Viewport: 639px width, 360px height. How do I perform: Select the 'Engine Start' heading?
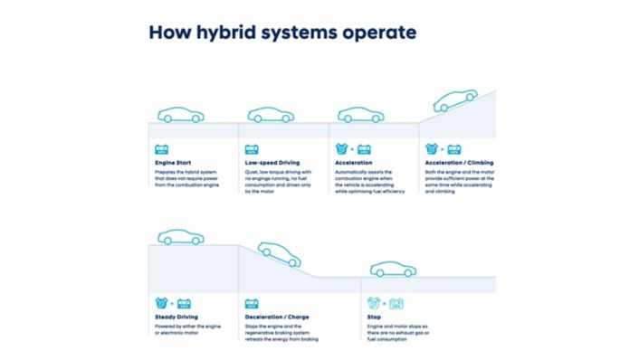(x=170, y=163)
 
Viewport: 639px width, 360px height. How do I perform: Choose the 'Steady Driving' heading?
(x=176, y=317)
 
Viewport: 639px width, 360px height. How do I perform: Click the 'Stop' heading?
(x=375, y=317)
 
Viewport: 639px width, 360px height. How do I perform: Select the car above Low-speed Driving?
(x=271, y=115)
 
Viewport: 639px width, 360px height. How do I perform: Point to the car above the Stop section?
(x=393, y=269)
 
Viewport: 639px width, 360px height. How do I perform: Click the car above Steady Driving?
(x=180, y=237)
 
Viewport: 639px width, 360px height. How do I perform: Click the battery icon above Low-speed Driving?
(x=253, y=147)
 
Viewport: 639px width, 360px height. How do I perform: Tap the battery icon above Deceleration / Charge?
(x=253, y=303)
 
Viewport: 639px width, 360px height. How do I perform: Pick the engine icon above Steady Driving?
(x=161, y=303)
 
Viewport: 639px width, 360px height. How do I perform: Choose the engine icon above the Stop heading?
(x=373, y=303)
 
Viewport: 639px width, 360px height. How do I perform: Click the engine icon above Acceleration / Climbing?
(x=432, y=147)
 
